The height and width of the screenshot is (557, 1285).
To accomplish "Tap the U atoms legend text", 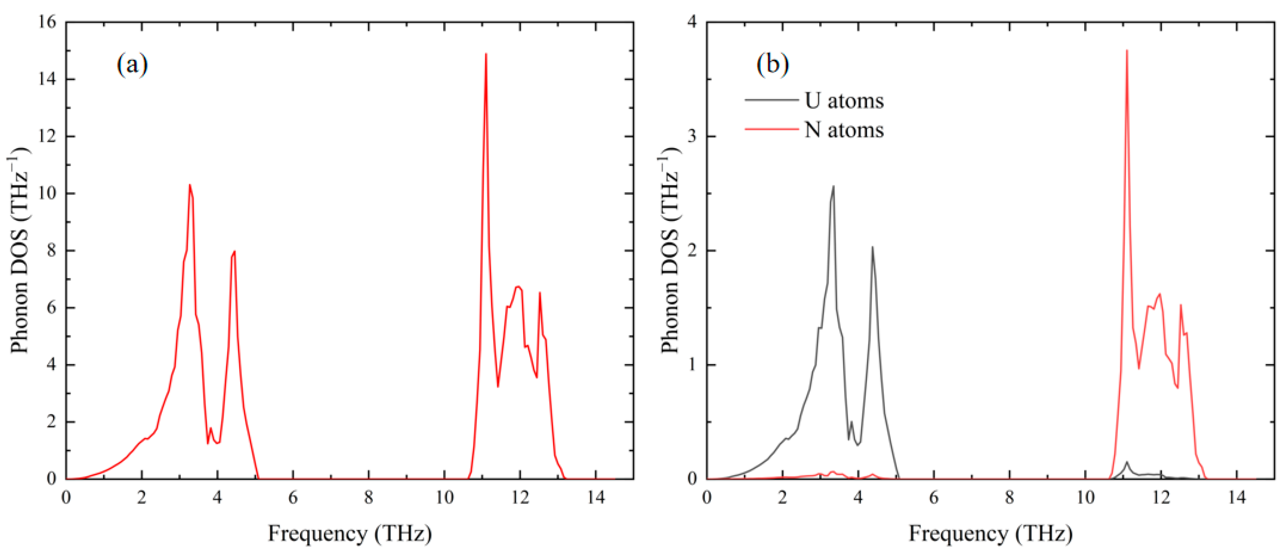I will (x=844, y=101).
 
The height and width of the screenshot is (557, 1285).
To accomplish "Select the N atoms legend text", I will (x=844, y=130).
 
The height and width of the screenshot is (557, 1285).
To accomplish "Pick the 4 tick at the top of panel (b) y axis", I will (x=692, y=22).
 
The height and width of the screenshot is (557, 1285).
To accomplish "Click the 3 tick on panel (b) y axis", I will (x=692, y=136).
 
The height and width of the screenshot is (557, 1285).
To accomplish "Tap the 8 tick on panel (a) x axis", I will (x=369, y=497).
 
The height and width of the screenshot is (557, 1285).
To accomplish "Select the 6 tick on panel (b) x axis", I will (x=934, y=497).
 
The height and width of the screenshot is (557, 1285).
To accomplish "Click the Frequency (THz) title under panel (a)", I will (x=350, y=533).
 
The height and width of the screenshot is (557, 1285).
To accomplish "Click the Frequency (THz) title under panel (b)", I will (x=990, y=533).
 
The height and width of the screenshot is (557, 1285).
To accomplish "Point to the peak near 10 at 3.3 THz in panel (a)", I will (x=190, y=185).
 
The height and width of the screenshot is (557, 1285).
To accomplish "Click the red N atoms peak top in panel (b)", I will (x=1127, y=50).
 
